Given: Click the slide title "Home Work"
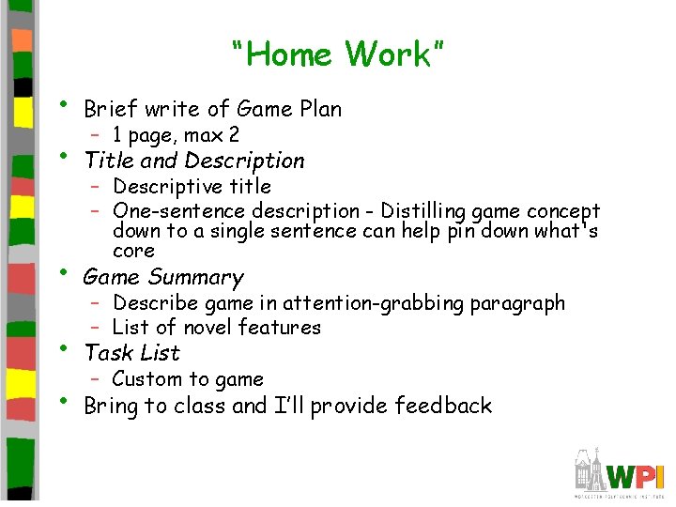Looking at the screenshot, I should [x=337, y=54].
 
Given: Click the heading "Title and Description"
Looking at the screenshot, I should [x=194, y=161].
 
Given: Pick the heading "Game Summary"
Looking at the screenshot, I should [x=163, y=277].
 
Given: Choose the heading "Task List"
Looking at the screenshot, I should [x=131, y=353].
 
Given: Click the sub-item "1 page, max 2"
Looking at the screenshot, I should [x=176, y=135].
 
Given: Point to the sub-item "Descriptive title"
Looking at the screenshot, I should [x=192, y=187].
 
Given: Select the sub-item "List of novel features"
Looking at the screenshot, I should [x=216, y=328].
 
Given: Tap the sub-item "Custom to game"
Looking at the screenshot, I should [x=188, y=379].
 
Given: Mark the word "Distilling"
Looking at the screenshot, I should [x=421, y=211].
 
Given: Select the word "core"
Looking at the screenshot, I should [x=133, y=252].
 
